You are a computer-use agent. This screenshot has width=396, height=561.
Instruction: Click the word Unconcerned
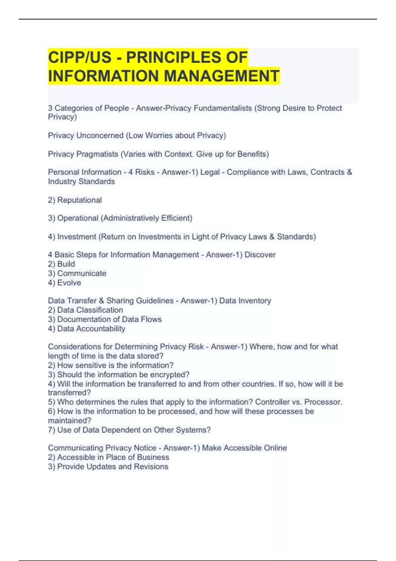point(100,136)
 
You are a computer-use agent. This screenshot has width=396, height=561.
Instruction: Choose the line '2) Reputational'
point(75,200)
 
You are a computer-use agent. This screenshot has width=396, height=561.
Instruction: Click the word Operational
point(78,218)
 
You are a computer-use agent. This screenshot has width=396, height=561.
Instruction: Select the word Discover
point(260,255)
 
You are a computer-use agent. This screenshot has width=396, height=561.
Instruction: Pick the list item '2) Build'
point(61,264)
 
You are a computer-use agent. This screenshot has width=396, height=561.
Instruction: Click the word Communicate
point(82,273)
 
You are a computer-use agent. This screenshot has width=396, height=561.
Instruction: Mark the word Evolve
point(69,283)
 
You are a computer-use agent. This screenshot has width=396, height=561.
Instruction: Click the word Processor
point(323,402)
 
